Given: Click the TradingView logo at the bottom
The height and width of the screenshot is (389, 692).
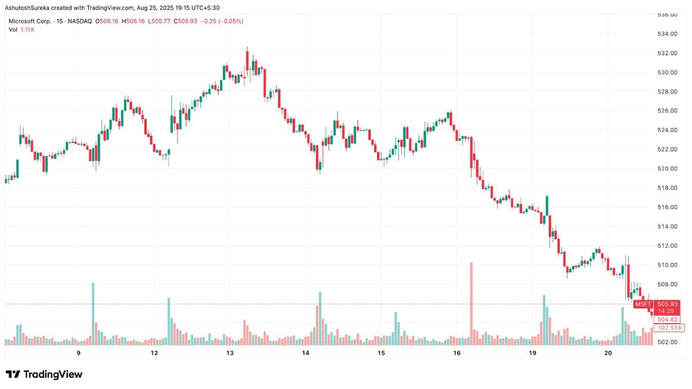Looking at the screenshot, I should coord(44,375).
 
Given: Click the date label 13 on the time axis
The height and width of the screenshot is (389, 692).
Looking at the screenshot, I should coord(230,352).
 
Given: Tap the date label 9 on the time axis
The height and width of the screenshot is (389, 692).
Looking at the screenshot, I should coord(78,352).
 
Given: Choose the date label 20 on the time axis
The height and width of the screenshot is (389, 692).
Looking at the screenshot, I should coord(608,352).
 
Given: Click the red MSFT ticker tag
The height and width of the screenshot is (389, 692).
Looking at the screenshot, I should coord(642,304).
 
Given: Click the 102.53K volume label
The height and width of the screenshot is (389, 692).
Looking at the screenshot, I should coord(668,328).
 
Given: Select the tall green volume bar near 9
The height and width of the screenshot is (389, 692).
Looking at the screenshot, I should coord(93,311).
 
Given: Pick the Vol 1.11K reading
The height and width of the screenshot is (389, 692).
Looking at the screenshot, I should coord(21,29).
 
